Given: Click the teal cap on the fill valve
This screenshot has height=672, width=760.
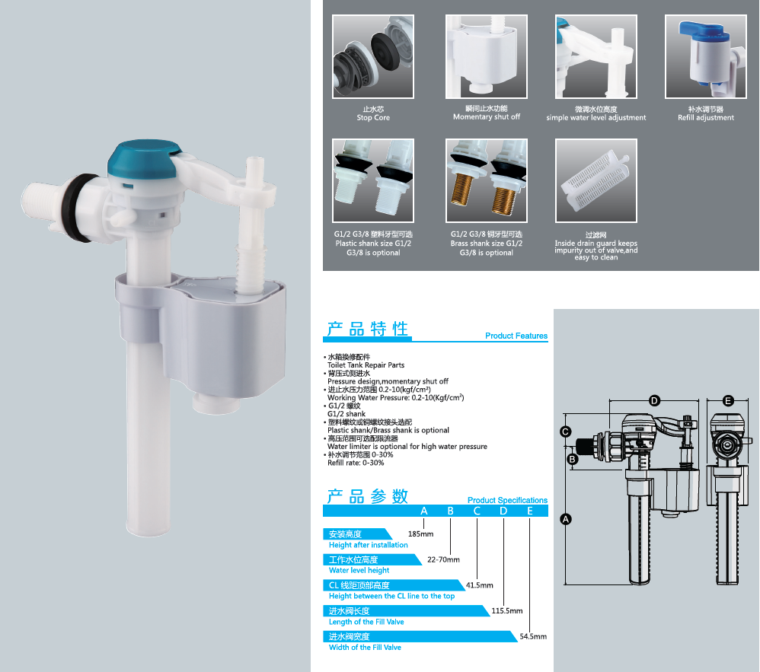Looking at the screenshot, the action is coord(144,159).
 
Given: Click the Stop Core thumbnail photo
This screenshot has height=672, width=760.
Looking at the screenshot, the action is coord(372,56).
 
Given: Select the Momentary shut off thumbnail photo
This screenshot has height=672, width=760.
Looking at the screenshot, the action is coord(486,56).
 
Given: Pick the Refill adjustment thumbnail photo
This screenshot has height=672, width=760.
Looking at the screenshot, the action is coord(706,56).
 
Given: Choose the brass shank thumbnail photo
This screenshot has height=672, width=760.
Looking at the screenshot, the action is coord(486,180).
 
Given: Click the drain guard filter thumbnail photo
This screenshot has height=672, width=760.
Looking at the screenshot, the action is coord(596,180).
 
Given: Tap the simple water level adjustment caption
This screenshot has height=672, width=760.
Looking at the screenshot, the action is coord(596,118).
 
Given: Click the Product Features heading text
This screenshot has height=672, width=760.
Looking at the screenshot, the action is coord(516,336).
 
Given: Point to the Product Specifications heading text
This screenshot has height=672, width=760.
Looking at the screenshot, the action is coord(507,500).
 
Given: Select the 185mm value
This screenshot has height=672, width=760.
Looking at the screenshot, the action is coord(420,534).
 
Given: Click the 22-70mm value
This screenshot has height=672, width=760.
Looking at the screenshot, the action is coord(443,559).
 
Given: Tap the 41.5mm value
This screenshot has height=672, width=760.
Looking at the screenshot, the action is coord(479,585).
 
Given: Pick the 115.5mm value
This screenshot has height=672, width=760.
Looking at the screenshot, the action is coord(507,611).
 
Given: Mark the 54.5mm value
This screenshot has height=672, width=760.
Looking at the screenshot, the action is coord(533,637).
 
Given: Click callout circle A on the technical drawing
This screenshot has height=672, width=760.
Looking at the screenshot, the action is coord(566,519).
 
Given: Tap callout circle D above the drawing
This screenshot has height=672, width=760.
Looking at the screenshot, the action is coord(654,400).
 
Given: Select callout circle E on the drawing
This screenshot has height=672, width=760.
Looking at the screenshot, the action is coord(728,400).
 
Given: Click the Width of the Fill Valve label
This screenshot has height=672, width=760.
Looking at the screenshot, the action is coord(365,648).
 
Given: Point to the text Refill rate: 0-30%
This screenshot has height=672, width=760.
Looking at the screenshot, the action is coord(356,463).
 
